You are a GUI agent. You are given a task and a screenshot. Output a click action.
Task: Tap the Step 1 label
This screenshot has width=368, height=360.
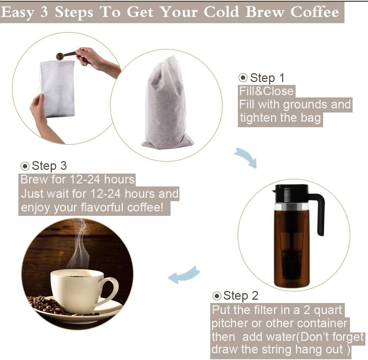coord(267,78)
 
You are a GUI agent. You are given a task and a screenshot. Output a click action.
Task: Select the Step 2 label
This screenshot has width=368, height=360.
coord(240,295)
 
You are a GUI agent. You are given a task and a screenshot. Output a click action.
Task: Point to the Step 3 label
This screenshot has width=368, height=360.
coord(49,165)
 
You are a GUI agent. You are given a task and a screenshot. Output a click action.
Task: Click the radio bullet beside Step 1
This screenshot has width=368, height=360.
coord(243,78)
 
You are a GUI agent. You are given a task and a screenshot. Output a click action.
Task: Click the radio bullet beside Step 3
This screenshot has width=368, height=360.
coord(25,166)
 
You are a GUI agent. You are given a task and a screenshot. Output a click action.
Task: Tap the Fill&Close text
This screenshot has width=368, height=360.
coord(266,91)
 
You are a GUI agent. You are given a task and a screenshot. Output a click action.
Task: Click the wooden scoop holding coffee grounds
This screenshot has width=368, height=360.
coord(65,56)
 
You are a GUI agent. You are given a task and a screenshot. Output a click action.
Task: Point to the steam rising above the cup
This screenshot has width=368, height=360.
coord(81,243)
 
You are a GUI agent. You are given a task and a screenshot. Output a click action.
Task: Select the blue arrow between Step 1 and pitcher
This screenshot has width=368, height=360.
coord(246,157)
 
